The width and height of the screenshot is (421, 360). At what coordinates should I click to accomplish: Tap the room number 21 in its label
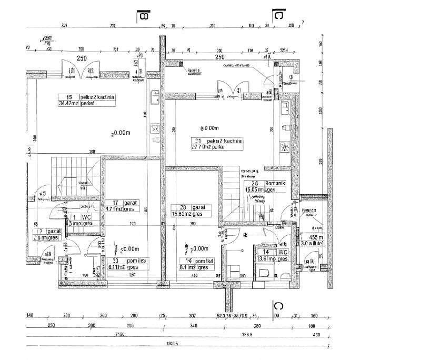click(198, 141)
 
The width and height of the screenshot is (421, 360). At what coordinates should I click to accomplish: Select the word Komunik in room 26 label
click(275, 183)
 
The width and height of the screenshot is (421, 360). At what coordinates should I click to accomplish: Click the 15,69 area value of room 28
click(182, 214)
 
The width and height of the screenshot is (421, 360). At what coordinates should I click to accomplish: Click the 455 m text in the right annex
click(316, 238)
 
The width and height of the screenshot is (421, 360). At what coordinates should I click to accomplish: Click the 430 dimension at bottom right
click(317, 335)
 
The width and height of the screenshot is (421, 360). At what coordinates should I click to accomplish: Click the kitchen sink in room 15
click(155, 97)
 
